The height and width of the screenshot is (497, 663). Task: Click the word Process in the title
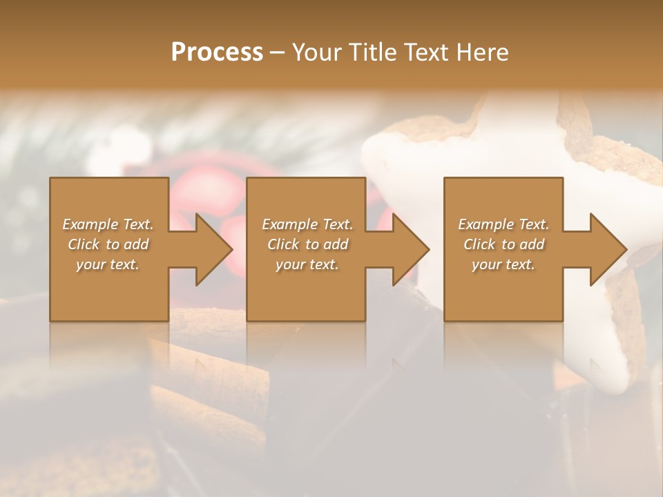(217, 52)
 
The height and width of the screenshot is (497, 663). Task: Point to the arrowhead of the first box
(211, 249)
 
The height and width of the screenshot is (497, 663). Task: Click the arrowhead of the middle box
(407, 249)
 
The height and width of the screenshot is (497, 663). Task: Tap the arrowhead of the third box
(605, 249)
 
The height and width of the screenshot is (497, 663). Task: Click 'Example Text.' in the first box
(108, 224)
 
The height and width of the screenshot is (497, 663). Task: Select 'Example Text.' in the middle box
(307, 224)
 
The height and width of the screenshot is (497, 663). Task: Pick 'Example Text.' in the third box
(503, 224)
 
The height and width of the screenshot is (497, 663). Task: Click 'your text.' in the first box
(108, 264)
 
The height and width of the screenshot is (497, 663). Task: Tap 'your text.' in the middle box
(307, 264)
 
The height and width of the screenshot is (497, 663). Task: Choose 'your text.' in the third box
(503, 264)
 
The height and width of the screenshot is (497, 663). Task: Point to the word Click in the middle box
(283, 244)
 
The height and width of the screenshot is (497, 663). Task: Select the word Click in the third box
(479, 244)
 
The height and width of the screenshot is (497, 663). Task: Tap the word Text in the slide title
(425, 52)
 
